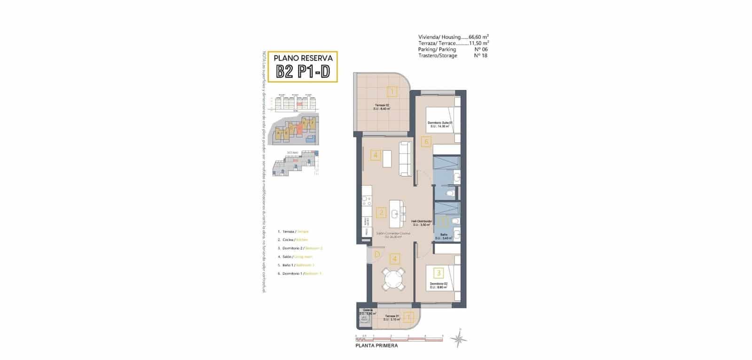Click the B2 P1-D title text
303,72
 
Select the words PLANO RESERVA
303,58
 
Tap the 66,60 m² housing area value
479,37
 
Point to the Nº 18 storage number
481,55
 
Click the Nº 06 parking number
481,49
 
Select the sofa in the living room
405,156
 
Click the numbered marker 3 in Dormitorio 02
439,272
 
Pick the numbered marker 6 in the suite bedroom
426,141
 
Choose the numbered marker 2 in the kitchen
381,213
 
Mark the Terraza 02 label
382,107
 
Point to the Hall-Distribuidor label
421,222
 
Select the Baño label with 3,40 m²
443,236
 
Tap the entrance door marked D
377,255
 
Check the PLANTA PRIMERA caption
376,345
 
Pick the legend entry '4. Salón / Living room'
295,257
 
